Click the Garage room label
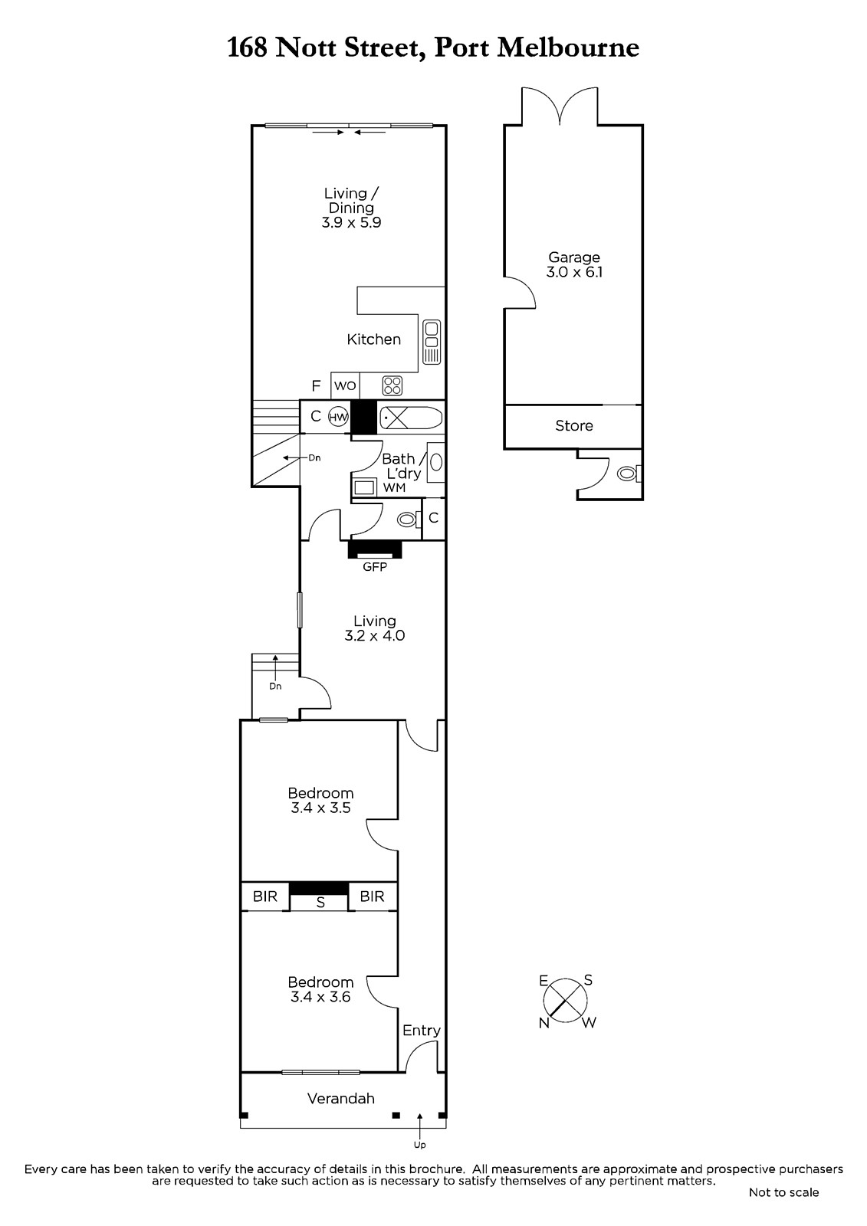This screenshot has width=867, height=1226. pos(574,257)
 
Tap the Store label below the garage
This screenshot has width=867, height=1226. pos(574,425)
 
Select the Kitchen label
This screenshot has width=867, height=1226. pos(373,339)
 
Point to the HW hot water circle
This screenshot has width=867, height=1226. pos(338,417)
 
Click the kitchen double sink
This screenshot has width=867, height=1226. pos(432,343)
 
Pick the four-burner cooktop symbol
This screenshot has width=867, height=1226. pos(392,385)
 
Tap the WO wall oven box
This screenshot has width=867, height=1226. pos(345,386)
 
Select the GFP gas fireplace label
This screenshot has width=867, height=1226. pos(375,567)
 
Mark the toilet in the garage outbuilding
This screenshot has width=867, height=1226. pos(629,473)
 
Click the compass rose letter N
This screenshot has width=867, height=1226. pos(544,1023)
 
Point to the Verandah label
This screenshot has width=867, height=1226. pos(340,1098)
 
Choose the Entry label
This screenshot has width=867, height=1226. pos(421,1031)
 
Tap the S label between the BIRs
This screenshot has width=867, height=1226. pos(320,902)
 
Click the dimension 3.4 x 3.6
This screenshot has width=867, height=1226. pos(320,997)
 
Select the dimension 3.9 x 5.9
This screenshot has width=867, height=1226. pos(351,222)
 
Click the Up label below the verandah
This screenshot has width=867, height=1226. pos(419,1145)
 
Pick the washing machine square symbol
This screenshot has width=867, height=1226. pos(364,487)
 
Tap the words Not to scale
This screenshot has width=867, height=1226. pos(783,1192)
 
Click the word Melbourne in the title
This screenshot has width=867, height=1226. pos(568,48)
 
